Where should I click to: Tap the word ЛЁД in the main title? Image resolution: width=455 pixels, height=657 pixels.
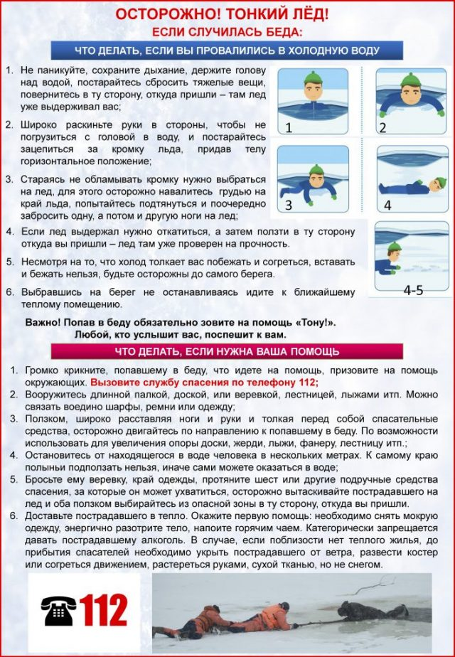click(x=311, y=14)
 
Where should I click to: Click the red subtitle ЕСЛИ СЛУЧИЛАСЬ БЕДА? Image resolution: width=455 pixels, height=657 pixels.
click(x=227, y=32)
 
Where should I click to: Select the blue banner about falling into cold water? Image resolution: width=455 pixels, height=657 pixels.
click(x=227, y=50)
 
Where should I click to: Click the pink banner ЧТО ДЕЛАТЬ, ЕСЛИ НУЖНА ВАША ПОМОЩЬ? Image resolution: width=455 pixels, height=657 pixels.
click(x=227, y=351)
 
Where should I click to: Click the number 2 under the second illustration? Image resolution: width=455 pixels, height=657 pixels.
click(x=382, y=129)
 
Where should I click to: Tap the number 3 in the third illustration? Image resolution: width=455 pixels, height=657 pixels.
click(x=289, y=205)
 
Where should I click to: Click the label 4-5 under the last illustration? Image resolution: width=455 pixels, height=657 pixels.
click(x=413, y=289)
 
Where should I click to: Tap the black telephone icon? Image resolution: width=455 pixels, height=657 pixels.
click(x=58, y=610)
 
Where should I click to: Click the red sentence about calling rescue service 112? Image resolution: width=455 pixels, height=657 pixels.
click(x=204, y=382)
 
